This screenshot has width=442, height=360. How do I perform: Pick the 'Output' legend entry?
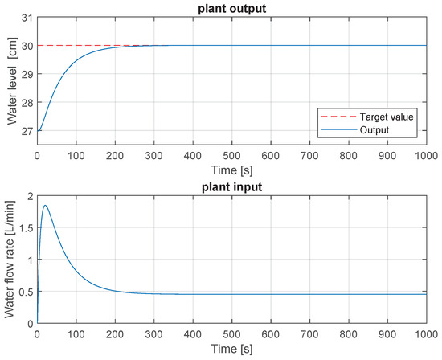click(x=374, y=129)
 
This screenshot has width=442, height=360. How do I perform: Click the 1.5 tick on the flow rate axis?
click(x=24, y=227)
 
